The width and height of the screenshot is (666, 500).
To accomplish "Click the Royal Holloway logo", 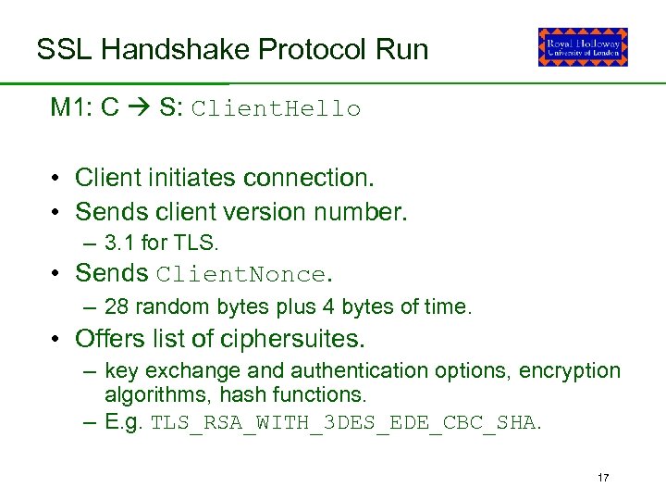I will coord(583,47).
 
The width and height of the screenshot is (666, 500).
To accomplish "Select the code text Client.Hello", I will coord(276,109).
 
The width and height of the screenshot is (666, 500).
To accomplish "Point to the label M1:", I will coord(71,107).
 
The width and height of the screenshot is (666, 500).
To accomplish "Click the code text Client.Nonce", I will coord(241,274).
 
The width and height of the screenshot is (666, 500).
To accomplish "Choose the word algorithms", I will coord(147,394).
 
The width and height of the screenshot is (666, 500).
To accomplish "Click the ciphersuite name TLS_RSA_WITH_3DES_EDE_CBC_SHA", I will coord(342,424).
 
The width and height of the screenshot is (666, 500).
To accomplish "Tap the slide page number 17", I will coord(603,478).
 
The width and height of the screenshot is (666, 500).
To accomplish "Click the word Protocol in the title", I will coord(296,49).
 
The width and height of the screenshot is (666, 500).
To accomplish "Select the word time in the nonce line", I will coord(450,307).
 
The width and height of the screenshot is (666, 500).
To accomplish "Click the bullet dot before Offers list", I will coord(57,339).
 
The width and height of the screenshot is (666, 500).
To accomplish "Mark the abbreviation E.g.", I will coord(124,424).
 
